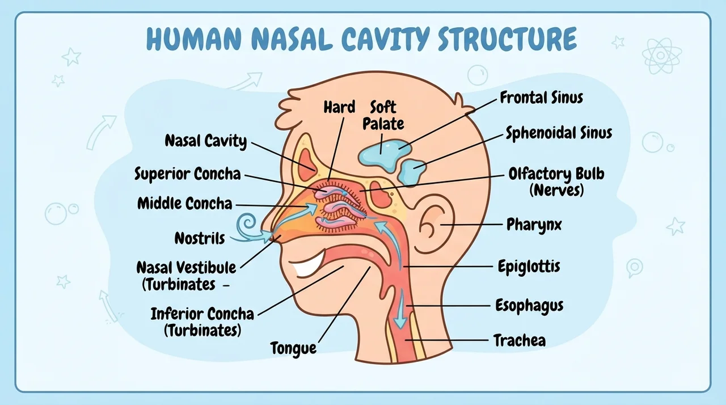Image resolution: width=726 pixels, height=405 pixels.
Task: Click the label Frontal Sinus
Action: point(541,98)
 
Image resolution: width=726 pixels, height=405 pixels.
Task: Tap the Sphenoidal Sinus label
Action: point(559,133)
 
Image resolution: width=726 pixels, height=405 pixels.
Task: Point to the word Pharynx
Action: point(534,225)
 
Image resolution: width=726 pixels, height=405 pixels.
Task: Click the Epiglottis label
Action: point(529,267)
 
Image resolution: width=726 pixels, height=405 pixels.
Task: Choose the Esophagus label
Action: point(529,306)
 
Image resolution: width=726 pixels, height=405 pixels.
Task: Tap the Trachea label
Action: point(520,340)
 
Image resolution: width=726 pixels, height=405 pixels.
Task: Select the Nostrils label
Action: point(200,238)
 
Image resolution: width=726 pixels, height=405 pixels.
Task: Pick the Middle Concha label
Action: point(185,204)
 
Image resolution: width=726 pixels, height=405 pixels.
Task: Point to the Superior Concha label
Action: point(188,174)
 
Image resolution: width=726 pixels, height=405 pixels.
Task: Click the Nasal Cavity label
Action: point(206,141)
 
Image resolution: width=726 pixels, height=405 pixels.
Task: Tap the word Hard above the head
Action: point(339,107)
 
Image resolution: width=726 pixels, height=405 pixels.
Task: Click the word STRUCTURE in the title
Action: point(507,39)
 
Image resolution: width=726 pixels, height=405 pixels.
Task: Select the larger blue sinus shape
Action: point(385,155)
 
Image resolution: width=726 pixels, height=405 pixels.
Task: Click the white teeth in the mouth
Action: point(308,265)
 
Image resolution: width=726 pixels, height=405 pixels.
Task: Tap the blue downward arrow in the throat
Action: point(400,309)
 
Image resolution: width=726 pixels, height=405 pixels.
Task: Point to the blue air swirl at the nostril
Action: point(248,227)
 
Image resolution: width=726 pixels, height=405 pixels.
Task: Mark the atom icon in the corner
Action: point(661,56)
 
